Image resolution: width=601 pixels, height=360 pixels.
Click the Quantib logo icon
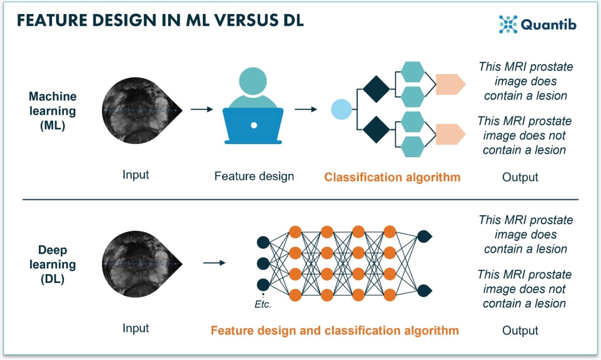(x=508, y=24)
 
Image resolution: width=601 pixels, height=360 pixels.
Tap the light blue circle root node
(x=341, y=109)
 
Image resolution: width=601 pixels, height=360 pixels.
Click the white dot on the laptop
(x=254, y=125)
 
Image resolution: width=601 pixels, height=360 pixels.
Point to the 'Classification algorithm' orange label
(x=393, y=177)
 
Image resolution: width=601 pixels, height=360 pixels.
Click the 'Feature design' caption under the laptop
(x=254, y=176)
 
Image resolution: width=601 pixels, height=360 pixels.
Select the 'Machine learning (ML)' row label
(x=53, y=111)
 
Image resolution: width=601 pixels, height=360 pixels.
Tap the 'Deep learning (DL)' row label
(x=53, y=264)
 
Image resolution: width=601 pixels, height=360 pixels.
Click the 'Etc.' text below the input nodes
(x=263, y=304)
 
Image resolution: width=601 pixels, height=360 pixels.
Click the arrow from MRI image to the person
(x=202, y=109)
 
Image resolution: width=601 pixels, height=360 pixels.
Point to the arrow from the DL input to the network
(x=215, y=262)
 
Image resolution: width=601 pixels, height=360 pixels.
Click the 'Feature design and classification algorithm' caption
(x=334, y=330)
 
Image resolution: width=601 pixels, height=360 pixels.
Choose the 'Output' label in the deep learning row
(x=520, y=330)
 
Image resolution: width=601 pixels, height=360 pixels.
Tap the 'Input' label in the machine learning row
(x=136, y=175)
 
